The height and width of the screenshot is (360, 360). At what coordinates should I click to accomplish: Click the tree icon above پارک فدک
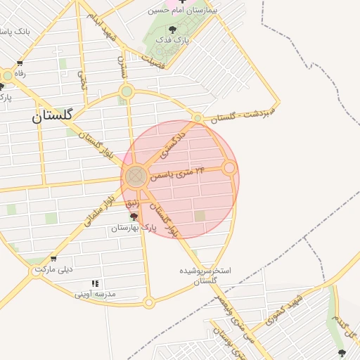(x=173, y=30)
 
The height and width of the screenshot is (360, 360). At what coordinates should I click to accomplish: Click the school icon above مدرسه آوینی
(x=95, y=284)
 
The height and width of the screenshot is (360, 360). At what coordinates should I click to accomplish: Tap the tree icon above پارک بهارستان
(x=134, y=218)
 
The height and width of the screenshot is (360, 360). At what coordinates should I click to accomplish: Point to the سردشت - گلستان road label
(x=244, y=115)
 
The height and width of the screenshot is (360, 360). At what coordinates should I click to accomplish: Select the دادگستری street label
(x=173, y=141)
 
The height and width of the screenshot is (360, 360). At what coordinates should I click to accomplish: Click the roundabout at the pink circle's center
(x=137, y=175)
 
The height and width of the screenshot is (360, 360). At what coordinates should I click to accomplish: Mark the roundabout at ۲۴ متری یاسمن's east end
(x=229, y=168)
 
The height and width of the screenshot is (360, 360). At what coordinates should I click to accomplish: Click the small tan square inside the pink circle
(x=200, y=216)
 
